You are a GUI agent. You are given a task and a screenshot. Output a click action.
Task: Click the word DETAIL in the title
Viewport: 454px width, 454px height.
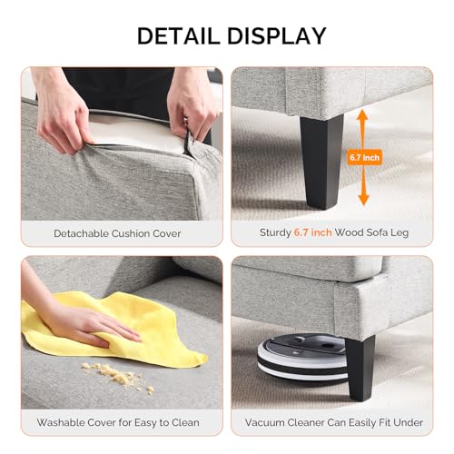point(178,36)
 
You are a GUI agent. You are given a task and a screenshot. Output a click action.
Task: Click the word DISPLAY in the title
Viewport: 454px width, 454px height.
point(277,36)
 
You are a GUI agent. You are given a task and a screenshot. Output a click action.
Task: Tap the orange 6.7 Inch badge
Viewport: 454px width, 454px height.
point(364,157)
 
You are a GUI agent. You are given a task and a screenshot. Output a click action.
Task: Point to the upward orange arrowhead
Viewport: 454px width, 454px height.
point(362,116)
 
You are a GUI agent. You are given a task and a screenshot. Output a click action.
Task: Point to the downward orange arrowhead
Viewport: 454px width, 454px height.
point(363,199)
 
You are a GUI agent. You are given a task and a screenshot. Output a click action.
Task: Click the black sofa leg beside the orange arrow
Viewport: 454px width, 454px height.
point(321,162)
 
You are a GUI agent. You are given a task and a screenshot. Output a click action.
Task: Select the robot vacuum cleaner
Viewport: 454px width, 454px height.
point(302,357)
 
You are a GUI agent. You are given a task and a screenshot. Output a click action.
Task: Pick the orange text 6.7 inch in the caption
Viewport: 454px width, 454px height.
point(313,232)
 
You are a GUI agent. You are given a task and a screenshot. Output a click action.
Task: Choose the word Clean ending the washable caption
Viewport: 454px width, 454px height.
point(185,422)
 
